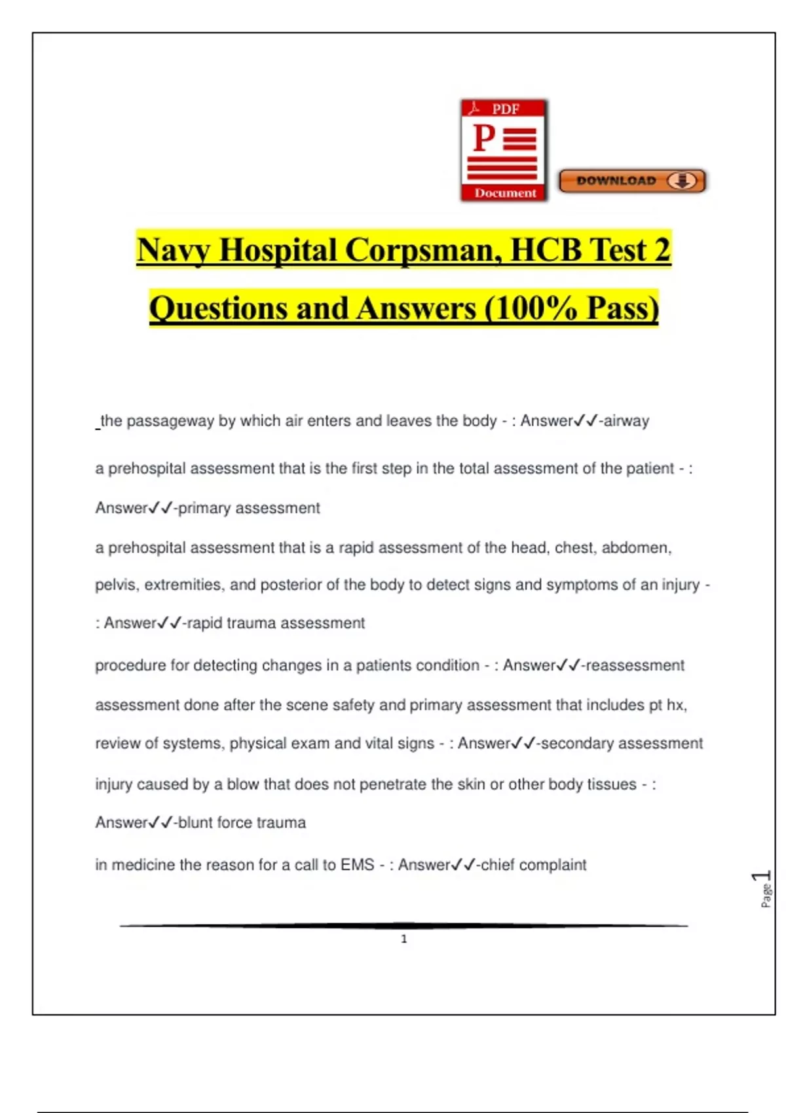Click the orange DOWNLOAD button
(632, 181)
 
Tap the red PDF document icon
(504, 151)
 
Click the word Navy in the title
(173, 251)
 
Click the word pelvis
(115, 585)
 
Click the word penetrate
(392, 784)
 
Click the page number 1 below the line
(404, 939)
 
